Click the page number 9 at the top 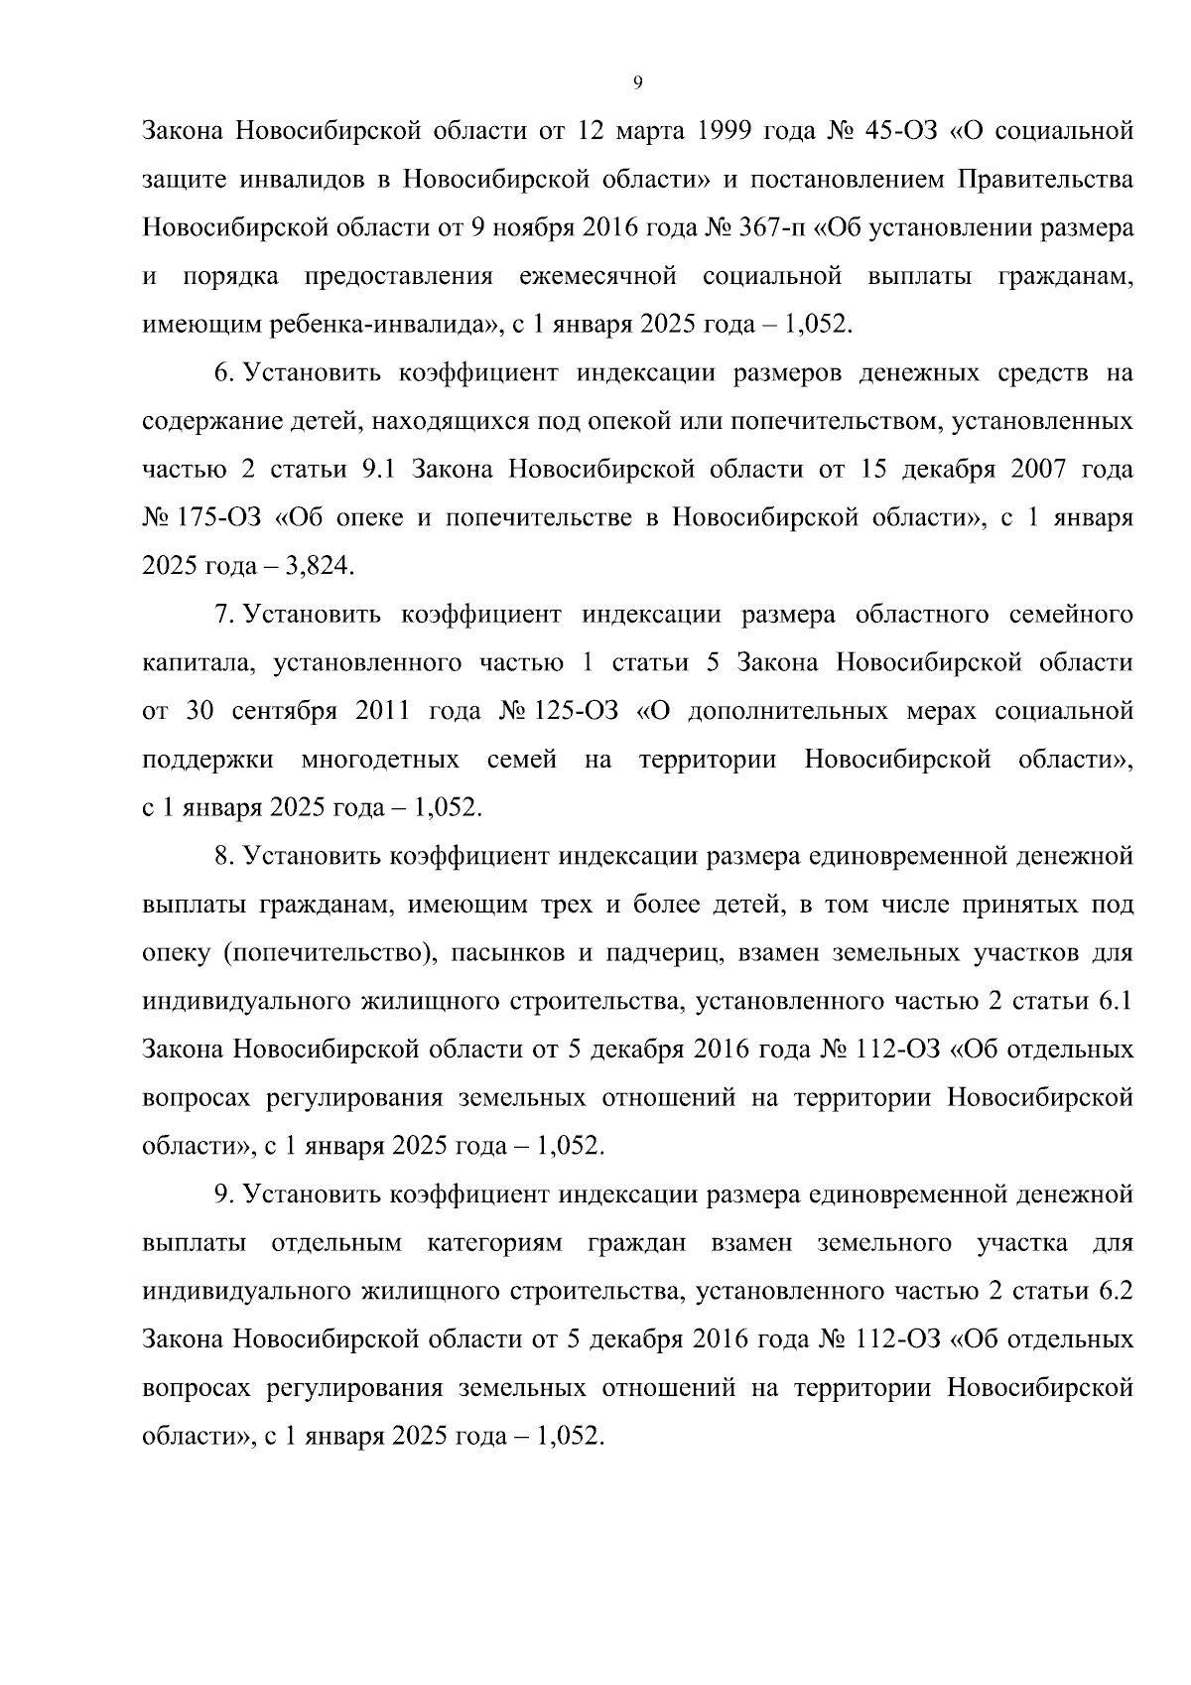click(637, 83)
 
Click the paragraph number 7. click(223, 615)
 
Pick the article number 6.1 click(1115, 1002)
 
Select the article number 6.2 click(1115, 1292)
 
